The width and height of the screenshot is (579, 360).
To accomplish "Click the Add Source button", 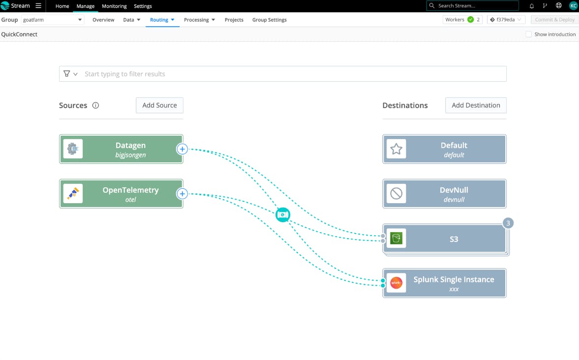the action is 159,105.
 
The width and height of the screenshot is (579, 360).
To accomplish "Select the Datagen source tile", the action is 121,149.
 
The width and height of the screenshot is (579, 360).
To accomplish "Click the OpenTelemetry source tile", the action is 121,194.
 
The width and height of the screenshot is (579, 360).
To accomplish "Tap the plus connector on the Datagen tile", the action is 182,149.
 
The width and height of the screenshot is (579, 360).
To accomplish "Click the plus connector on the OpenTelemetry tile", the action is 182,194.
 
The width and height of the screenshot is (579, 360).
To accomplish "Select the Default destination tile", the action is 444,149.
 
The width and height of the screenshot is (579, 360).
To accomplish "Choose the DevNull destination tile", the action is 444,194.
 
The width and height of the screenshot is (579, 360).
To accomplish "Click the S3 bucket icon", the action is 396,239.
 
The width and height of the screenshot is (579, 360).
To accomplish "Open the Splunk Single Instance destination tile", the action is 444,283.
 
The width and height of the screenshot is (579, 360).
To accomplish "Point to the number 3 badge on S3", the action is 508,223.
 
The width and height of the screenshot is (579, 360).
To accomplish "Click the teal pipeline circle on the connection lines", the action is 283,215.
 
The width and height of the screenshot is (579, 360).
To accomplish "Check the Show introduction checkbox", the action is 529,34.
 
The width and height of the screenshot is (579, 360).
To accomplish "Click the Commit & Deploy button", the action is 554,20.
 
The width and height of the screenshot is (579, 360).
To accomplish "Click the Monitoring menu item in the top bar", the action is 114,6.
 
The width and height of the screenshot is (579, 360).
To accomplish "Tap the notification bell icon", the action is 532,6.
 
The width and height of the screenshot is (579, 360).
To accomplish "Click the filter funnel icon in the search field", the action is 67,74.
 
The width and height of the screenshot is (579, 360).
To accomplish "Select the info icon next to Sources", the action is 95,106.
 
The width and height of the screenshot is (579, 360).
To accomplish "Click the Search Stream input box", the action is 473,6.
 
